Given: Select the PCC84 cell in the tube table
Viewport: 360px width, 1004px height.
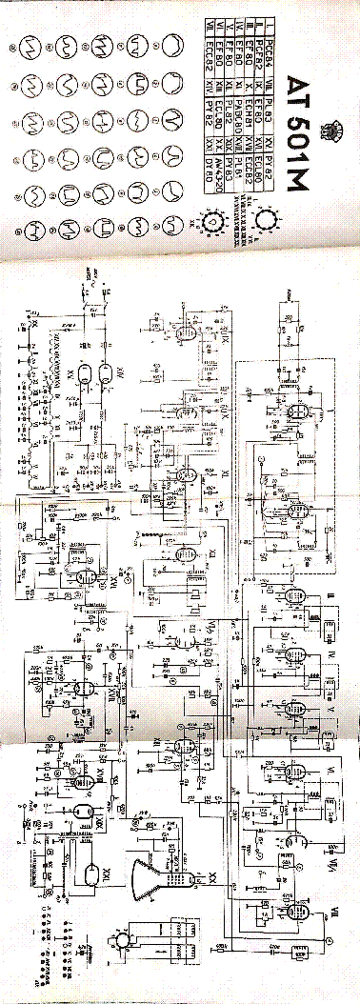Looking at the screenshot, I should (270, 31).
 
